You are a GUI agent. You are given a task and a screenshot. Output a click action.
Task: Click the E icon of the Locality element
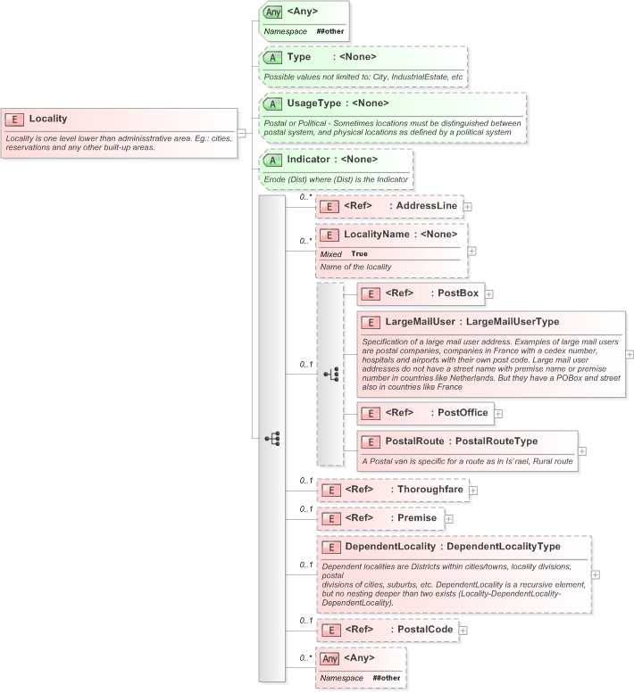tap(14, 119)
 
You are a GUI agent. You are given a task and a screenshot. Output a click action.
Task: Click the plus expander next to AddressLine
tap(467, 206)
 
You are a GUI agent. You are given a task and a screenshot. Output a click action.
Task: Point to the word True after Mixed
tap(359, 253)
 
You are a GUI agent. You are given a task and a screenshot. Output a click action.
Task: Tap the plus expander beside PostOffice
tap(498, 413)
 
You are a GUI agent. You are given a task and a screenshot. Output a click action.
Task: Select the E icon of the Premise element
tap(330, 518)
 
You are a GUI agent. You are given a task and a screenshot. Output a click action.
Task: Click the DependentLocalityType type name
tap(515, 546)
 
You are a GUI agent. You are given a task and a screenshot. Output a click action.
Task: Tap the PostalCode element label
tap(424, 630)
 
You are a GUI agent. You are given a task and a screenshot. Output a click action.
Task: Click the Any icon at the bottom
tap(330, 658)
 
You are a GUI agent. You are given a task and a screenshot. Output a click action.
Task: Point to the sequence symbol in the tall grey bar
tap(271, 438)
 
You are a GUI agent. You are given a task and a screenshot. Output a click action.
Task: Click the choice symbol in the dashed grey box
tap(330, 375)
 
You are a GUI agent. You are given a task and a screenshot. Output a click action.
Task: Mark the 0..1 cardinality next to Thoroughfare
tap(305, 481)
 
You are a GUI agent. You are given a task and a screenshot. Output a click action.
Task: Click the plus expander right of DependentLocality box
tap(596, 574)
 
